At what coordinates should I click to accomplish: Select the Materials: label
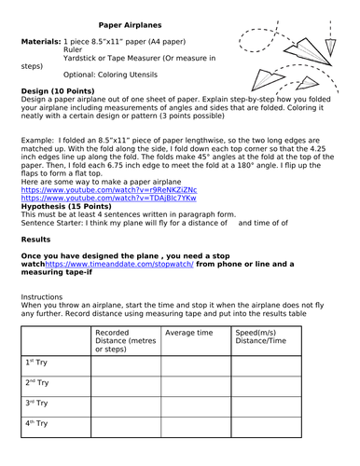pos(41,44)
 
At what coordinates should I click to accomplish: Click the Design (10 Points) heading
pos(61,90)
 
